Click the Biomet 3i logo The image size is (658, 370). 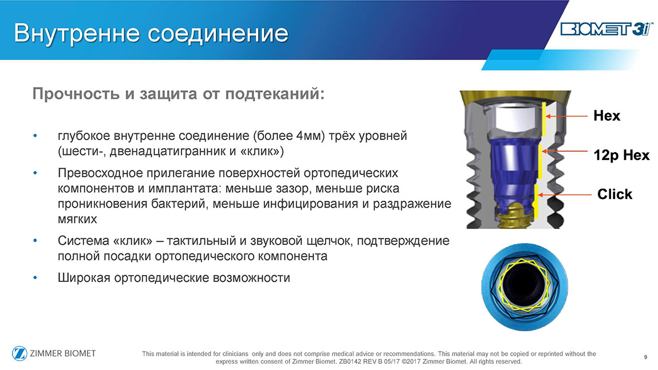pyautogui.click(x=607, y=29)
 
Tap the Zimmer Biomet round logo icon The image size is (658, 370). pyautogui.click(x=19, y=353)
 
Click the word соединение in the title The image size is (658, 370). pyautogui.click(x=218, y=33)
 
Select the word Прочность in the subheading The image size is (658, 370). pyautogui.click(x=76, y=94)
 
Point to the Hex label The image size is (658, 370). pyautogui.click(x=607, y=116)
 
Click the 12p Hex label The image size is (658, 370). pyautogui.click(x=621, y=155)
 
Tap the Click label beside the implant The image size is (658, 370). pyautogui.click(x=615, y=194)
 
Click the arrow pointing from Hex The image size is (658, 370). pyautogui.click(x=566, y=116)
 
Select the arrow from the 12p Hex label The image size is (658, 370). pyautogui.click(x=564, y=151)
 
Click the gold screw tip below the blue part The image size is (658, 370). pyautogui.click(x=514, y=217)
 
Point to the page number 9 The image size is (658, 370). pyautogui.click(x=645, y=357)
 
